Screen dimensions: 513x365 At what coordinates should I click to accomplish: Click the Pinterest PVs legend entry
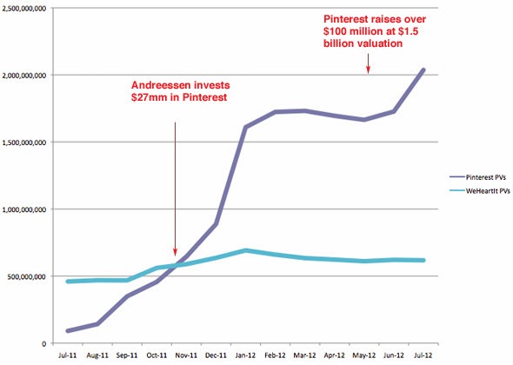coord(478,177)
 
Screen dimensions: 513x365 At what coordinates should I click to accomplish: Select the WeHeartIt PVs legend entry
coord(480,190)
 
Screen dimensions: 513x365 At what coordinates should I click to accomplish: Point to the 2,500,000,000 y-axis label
coord(23,9)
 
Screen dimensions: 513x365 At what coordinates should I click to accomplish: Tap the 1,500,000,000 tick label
coord(23,143)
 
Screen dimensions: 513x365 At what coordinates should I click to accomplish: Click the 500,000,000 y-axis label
coord(26,276)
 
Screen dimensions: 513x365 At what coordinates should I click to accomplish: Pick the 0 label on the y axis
coord(44,343)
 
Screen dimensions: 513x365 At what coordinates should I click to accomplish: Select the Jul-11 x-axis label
coord(68,355)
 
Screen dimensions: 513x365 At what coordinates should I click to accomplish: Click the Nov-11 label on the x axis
coord(186,355)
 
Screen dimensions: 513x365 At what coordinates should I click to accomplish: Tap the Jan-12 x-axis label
coord(245,355)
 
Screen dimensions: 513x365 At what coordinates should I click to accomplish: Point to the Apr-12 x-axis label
coord(335,355)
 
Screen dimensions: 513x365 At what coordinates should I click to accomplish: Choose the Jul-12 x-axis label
coord(423,355)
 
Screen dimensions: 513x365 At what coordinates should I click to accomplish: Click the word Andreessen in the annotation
coord(156,85)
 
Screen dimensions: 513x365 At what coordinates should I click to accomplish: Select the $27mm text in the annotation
coord(149,97)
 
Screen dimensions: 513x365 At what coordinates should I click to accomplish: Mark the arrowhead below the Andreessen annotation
coord(175,253)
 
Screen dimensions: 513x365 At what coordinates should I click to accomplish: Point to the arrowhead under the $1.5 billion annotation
coord(368,70)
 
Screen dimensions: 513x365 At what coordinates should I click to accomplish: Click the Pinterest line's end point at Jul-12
coord(423,70)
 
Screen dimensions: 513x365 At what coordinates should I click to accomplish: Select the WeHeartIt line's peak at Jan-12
coord(245,250)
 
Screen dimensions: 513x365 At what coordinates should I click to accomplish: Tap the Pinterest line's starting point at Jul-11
coord(68,331)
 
